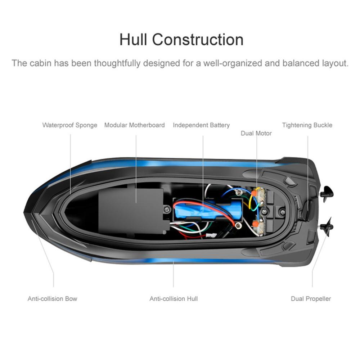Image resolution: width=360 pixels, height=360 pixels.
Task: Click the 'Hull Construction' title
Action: (181, 40)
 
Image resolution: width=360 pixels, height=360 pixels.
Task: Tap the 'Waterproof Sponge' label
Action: (70, 125)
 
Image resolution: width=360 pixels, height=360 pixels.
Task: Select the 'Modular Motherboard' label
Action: (135, 125)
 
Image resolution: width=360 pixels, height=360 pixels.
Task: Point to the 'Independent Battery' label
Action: (201, 125)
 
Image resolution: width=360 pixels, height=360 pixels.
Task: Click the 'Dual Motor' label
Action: (256, 133)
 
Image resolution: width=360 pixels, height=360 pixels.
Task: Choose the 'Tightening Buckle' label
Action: (307, 125)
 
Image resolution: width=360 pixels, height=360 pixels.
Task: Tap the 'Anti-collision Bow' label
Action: (52, 299)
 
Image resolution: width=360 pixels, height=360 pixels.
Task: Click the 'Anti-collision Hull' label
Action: (174, 299)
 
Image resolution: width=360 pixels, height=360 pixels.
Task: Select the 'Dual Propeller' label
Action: (311, 299)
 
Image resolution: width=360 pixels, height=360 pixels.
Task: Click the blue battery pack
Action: (208, 210)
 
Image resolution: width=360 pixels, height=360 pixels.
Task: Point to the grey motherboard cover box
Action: (131, 211)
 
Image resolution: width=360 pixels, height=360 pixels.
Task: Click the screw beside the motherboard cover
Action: (167, 209)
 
